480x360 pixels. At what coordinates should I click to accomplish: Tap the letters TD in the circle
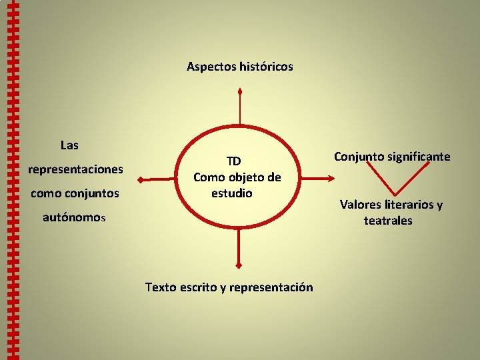click(x=233, y=161)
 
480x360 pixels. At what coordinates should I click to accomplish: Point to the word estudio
click(x=232, y=193)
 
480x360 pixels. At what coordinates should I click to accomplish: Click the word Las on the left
click(x=69, y=145)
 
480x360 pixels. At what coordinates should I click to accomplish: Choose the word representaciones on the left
click(x=75, y=169)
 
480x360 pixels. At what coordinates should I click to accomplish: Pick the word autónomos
click(x=74, y=217)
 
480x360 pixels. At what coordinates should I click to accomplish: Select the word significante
click(x=420, y=157)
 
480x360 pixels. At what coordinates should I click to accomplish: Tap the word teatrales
click(x=388, y=221)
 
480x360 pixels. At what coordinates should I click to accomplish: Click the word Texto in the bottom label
click(x=161, y=287)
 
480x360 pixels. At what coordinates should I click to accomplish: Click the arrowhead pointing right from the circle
click(x=332, y=179)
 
